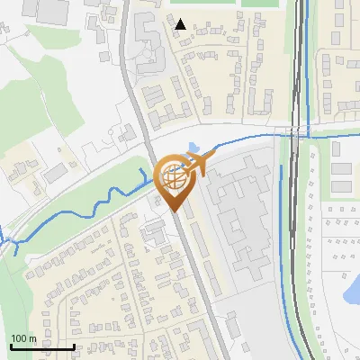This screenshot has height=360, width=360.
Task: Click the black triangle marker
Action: [x=181, y=24]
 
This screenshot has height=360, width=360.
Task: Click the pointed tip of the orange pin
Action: [x=174, y=211]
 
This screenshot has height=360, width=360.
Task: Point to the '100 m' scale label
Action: [x=23, y=338]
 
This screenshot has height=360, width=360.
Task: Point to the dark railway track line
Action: [x=296, y=225]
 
